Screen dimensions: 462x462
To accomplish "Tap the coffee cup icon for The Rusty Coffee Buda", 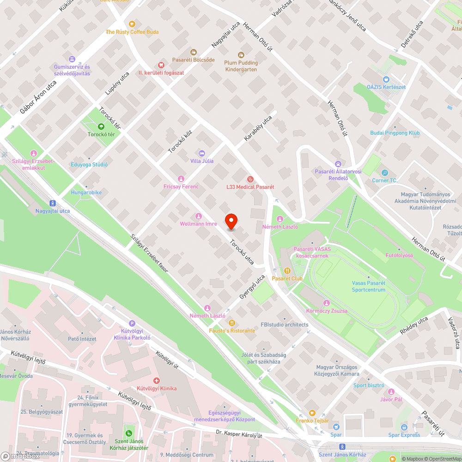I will click(132, 24).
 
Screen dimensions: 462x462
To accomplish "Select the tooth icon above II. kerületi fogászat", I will click(161, 65).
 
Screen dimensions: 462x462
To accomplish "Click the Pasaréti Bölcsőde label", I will click(193, 60).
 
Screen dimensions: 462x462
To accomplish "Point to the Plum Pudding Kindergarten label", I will click(241, 66).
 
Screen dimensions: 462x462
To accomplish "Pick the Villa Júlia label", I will click(202, 161).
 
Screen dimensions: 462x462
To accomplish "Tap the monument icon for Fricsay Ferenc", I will click(181, 179).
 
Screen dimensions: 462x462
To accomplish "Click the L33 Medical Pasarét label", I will click(250, 187).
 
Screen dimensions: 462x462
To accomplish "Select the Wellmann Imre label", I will click(198, 224).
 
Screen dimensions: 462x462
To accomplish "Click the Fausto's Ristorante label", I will click(232, 331).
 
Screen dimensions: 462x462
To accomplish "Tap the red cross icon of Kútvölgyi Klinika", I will click(156, 381).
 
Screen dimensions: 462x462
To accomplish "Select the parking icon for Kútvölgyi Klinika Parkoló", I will click(132, 324).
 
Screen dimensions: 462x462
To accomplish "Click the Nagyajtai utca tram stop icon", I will click(53, 203).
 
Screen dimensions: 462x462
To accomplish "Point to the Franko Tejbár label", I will click(312, 420).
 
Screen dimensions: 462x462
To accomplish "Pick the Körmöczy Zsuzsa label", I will click(327, 311).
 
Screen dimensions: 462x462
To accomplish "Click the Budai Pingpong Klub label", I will click(395, 133).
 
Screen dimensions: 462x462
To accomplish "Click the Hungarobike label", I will click(86, 192).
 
